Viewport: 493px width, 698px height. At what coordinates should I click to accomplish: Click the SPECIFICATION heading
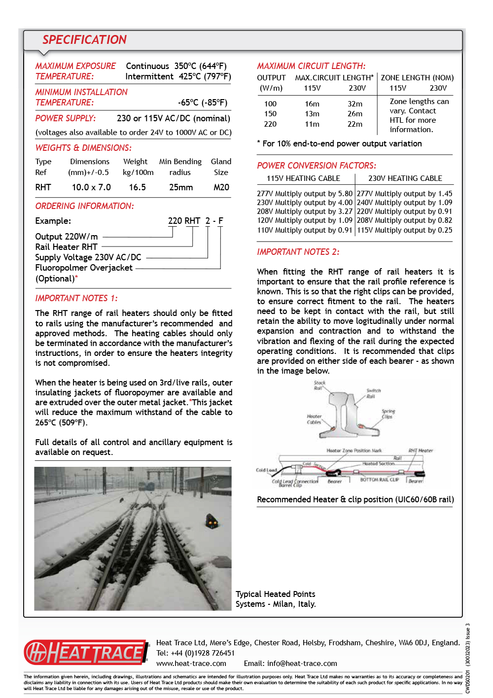click(84, 40)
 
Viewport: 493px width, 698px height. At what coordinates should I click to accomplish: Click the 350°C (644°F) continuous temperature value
click(200, 66)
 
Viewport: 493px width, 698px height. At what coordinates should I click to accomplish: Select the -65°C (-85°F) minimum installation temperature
click(203, 103)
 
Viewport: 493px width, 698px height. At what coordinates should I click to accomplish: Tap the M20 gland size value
click(221, 187)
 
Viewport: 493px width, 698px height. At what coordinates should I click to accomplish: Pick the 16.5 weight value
click(138, 187)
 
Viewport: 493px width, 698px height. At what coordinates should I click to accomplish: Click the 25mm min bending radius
click(181, 187)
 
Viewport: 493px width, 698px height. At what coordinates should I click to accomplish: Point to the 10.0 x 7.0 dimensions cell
click(91, 187)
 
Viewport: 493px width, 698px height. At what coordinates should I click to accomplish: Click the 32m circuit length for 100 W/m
click(355, 104)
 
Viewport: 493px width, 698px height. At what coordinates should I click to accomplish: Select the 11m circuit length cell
click(312, 124)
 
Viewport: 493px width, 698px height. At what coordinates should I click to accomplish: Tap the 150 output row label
click(270, 114)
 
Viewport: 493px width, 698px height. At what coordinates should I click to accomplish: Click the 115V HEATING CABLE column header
click(303, 178)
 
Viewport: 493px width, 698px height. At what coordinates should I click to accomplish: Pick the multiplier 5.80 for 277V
click(345, 194)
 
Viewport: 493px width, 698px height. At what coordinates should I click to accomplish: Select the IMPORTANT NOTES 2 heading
click(298, 252)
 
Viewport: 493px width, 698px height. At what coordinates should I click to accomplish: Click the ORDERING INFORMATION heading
click(84, 206)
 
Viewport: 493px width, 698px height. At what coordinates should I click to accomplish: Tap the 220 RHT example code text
click(184, 221)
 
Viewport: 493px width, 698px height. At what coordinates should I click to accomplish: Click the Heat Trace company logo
click(86, 653)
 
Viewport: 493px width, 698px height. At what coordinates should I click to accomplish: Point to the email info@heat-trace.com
click(302, 663)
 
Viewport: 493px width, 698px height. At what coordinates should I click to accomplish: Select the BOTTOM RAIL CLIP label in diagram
click(379, 479)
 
